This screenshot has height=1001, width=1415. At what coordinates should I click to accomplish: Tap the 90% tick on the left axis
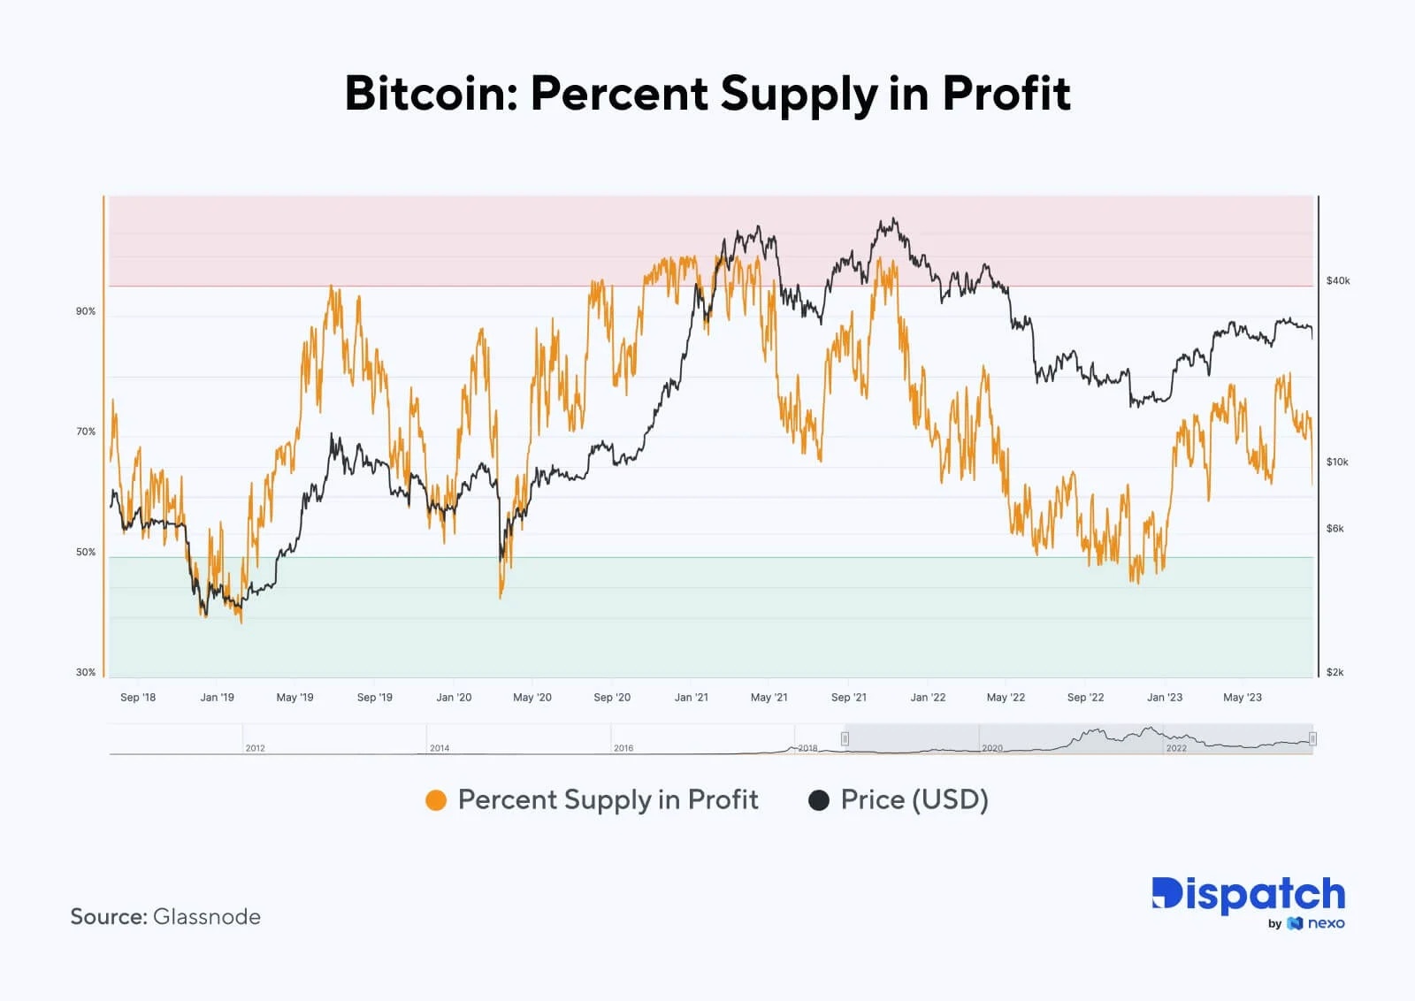click(86, 311)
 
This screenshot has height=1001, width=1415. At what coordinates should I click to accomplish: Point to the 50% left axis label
click(86, 552)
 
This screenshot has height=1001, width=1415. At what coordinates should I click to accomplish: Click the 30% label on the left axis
click(86, 672)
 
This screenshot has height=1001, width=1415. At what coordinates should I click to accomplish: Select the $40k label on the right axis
click(1338, 280)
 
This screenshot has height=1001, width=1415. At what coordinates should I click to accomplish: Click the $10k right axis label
click(1337, 462)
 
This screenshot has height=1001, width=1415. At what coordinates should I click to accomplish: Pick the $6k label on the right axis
click(1335, 528)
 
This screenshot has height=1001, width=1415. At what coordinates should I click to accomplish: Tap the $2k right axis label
click(1335, 672)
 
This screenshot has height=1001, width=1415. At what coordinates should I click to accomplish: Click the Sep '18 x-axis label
click(138, 697)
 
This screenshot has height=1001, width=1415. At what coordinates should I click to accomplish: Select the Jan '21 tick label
click(691, 697)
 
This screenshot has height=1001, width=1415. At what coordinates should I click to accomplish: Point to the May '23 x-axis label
click(1242, 697)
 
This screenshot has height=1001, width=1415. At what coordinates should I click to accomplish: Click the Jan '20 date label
click(454, 697)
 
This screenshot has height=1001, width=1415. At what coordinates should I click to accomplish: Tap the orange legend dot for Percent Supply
click(436, 800)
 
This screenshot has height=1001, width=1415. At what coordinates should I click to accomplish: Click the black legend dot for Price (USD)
click(819, 800)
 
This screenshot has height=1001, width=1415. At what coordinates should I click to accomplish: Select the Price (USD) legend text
click(914, 799)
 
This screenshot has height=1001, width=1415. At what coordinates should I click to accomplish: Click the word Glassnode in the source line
click(207, 916)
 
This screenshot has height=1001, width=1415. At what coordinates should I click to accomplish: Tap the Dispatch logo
click(1248, 895)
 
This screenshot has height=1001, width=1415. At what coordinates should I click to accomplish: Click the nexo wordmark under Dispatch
click(1326, 923)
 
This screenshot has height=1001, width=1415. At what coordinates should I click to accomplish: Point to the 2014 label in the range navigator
click(440, 747)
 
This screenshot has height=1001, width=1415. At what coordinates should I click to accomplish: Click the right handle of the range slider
click(1312, 738)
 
